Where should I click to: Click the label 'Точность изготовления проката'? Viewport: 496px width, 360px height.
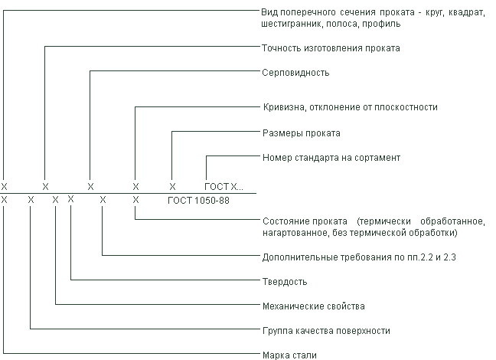pyautogui.click(x=331, y=48)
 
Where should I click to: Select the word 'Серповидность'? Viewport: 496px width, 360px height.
pyautogui.click(x=295, y=73)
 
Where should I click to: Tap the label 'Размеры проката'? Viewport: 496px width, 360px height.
pyautogui.click(x=302, y=133)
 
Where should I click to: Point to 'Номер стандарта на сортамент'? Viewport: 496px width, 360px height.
pyautogui.click(x=331, y=158)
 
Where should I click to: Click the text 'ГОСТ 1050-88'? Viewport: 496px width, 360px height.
pyautogui.click(x=198, y=201)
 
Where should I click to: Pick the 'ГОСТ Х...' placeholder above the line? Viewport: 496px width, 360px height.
pyautogui.click(x=224, y=187)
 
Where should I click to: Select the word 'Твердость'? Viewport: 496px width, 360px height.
pyautogui.click(x=285, y=281)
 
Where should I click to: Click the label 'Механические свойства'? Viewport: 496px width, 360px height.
pyautogui.click(x=314, y=306)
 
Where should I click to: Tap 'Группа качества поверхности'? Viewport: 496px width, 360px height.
pyautogui.click(x=326, y=331)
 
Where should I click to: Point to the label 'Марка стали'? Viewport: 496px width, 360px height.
pyautogui.click(x=289, y=355)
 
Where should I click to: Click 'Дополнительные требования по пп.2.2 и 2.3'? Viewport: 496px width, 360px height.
pyautogui.click(x=359, y=257)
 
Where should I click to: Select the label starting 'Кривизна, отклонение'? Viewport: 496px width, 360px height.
pyautogui.click(x=351, y=107)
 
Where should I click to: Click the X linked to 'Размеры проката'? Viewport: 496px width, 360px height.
pyautogui.click(x=172, y=187)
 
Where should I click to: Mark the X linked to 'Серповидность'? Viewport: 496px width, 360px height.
pyautogui.click(x=91, y=187)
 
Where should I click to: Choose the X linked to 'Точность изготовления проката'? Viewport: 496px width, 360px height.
pyautogui.click(x=46, y=187)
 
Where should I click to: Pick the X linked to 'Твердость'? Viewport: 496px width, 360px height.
pyautogui.click(x=71, y=199)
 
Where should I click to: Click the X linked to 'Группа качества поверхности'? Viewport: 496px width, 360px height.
pyautogui.click(x=31, y=200)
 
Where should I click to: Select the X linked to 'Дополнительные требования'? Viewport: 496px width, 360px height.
pyautogui.click(x=103, y=200)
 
